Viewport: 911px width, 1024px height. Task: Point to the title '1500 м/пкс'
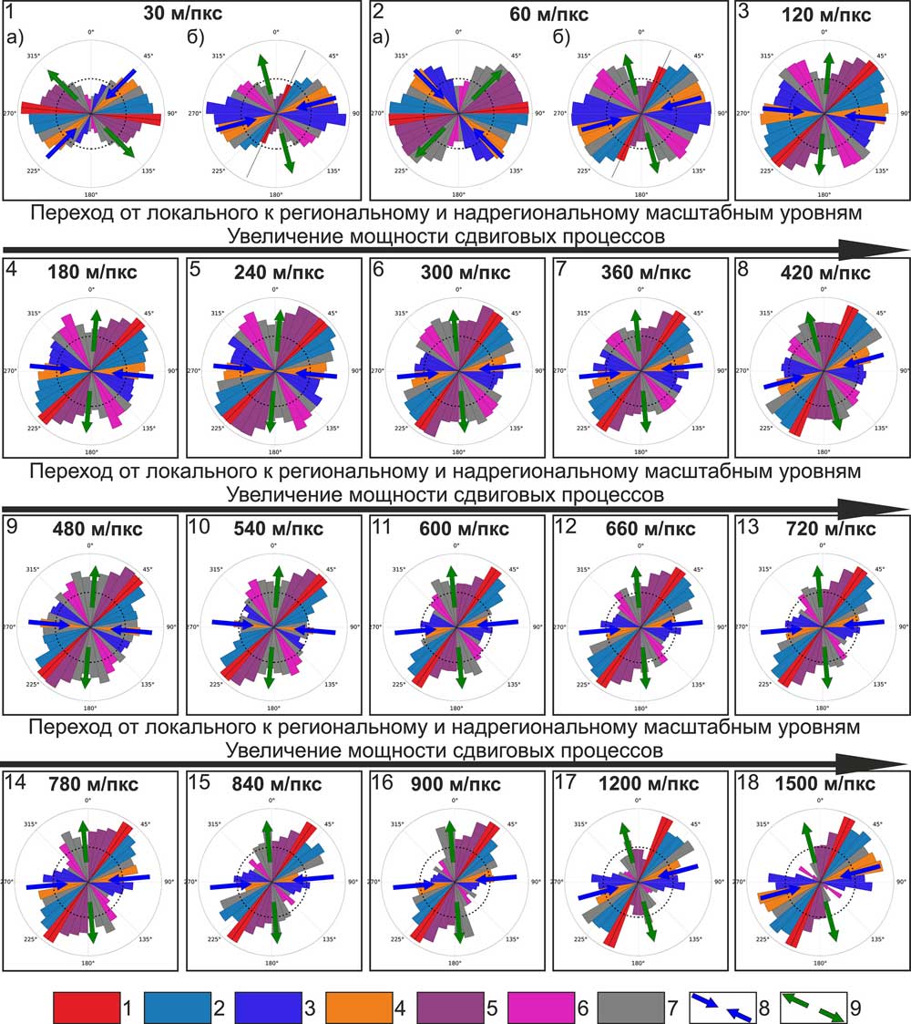(x=832, y=784)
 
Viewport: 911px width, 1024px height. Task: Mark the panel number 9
(x=13, y=528)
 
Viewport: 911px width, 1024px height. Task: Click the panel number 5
(x=196, y=271)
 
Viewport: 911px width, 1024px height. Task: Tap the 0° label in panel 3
(x=824, y=32)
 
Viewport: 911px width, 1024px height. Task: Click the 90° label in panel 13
(x=902, y=627)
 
